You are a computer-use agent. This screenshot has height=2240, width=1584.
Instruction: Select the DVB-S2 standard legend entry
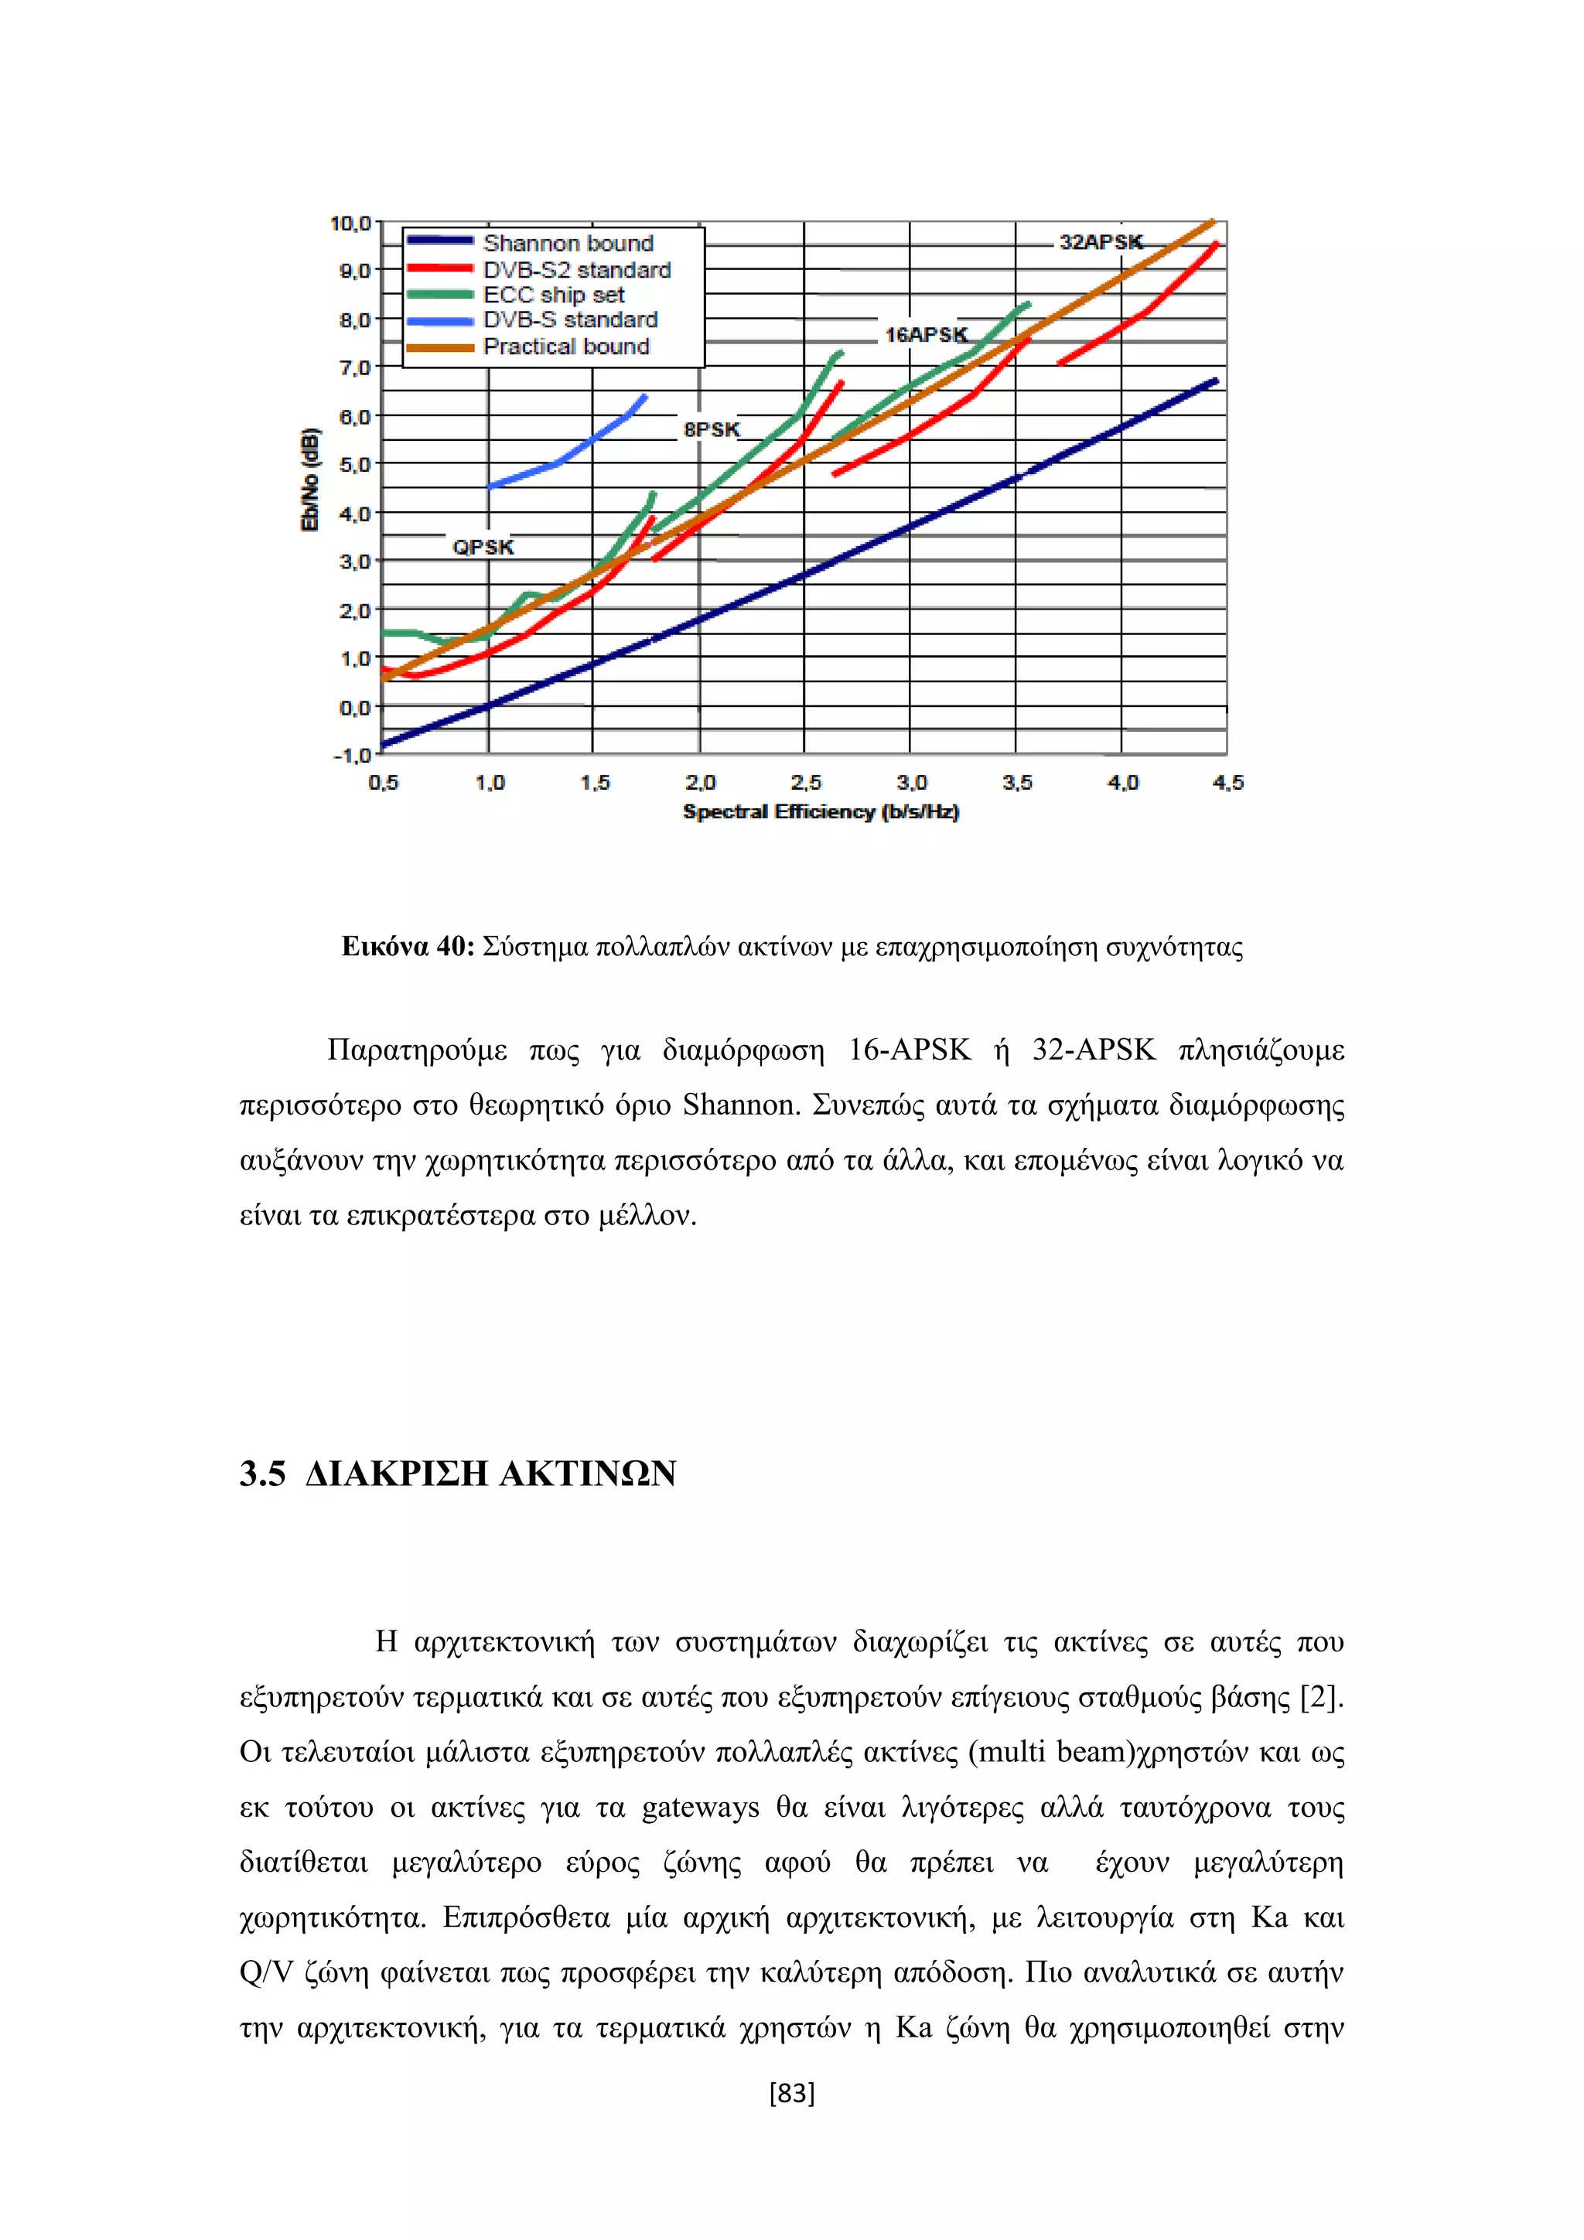click(x=576, y=269)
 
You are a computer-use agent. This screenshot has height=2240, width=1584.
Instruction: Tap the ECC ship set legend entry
click(x=553, y=295)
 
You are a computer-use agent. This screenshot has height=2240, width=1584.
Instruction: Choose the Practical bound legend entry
click(x=565, y=347)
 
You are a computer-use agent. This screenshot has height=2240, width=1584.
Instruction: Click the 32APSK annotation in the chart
click(x=1101, y=242)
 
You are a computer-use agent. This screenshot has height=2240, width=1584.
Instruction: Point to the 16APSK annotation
click(x=926, y=335)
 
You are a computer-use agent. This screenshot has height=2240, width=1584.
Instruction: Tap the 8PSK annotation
click(x=711, y=429)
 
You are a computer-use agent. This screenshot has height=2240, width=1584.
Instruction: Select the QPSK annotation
click(x=483, y=548)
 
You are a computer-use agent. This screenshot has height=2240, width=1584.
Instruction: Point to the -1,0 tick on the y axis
click(x=352, y=755)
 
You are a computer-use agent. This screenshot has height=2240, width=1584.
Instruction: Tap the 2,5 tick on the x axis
click(x=806, y=783)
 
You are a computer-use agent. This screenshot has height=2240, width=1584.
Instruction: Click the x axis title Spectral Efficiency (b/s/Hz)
click(x=821, y=811)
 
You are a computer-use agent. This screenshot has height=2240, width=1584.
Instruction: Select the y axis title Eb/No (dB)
click(x=310, y=480)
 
